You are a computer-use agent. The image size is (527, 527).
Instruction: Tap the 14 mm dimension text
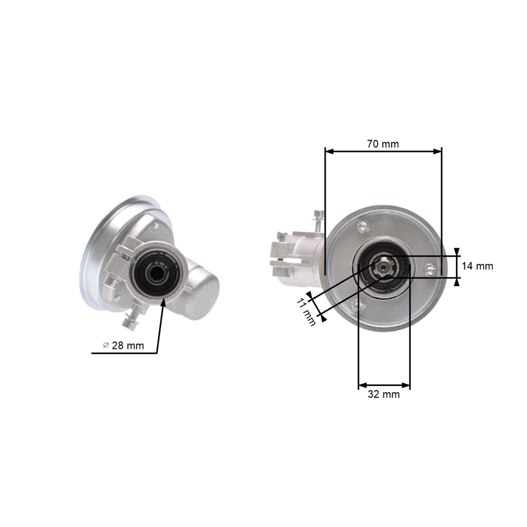(x=477, y=266)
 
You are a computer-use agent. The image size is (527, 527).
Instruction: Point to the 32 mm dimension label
(x=383, y=394)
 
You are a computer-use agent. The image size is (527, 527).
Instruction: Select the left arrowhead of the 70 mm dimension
(x=326, y=151)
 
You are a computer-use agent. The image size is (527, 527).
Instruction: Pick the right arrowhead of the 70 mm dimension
(x=441, y=151)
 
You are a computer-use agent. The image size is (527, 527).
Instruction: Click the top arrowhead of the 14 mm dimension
(x=457, y=256)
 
